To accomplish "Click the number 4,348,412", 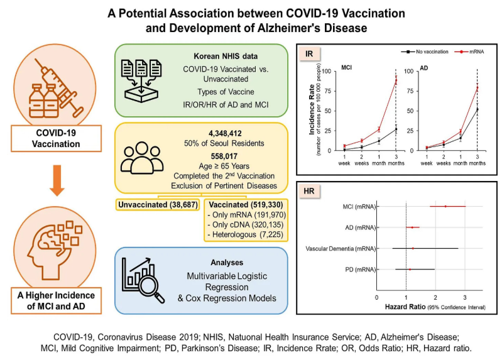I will pyautogui.click(x=203, y=133).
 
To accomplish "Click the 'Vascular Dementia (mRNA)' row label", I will pyautogui.click(x=341, y=248).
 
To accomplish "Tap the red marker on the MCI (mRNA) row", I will pyautogui.click(x=445, y=205).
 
